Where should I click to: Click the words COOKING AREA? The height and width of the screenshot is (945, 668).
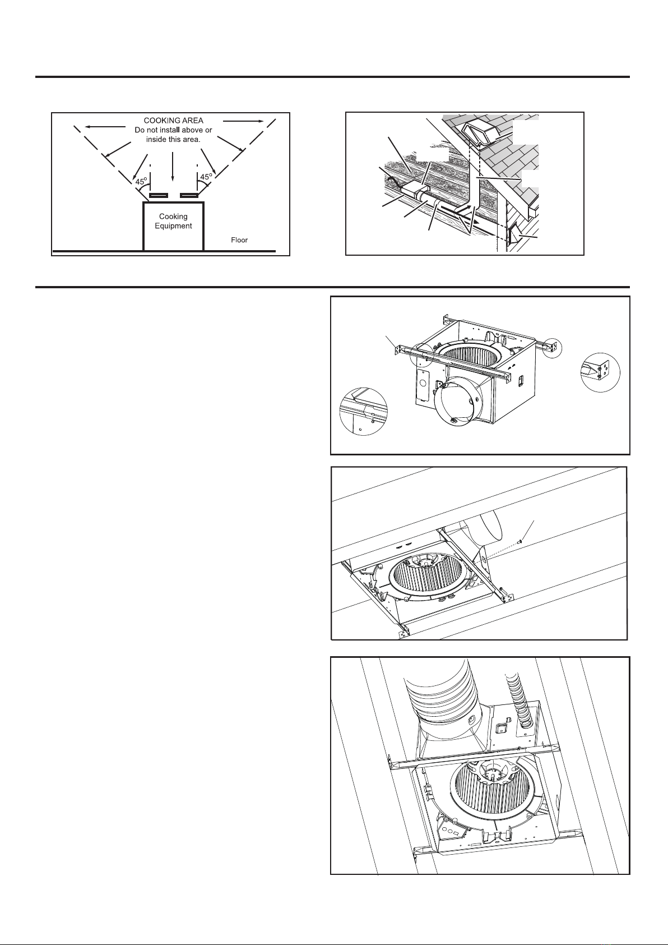(x=173, y=121)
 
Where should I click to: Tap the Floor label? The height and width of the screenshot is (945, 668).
(x=239, y=240)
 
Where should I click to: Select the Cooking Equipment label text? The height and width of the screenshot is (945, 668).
(x=173, y=221)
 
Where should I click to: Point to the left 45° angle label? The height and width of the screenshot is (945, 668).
(x=141, y=181)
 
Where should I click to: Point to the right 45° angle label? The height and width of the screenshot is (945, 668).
(x=206, y=177)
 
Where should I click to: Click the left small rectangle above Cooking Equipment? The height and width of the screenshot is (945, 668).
(x=159, y=195)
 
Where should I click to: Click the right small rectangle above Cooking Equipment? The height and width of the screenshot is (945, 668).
(x=189, y=195)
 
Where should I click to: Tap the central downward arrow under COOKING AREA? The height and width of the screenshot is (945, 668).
(x=173, y=166)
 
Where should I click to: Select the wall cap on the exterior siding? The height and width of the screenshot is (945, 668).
(x=514, y=234)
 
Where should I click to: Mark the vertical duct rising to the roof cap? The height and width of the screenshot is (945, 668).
(x=479, y=181)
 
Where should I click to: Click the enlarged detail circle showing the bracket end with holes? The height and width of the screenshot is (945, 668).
(x=600, y=372)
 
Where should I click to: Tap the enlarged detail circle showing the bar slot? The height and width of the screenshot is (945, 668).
(x=363, y=411)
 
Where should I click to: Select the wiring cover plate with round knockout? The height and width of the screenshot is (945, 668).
(x=422, y=384)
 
